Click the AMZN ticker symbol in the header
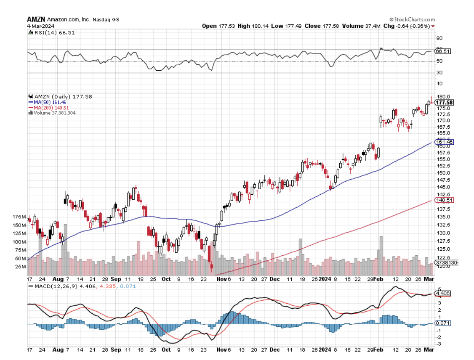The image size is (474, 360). [x=35, y=19]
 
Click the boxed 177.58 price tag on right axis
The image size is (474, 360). [x=445, y=103]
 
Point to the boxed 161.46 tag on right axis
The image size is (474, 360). [x=444, y=142]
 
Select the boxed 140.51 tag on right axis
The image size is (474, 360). [x=444, y=201]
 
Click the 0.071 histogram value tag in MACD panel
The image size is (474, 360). [x=443, y=323]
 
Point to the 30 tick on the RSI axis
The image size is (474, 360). [x=439, y=73]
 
